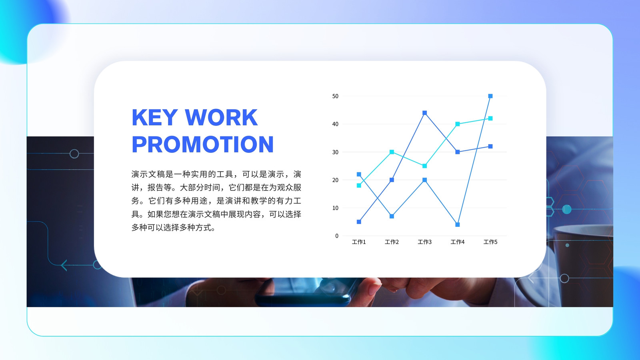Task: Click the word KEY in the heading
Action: click(154, 117)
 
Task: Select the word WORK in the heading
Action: click(221, 117)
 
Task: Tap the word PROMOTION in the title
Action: click(202, 144)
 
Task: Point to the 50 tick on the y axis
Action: click(335, 96)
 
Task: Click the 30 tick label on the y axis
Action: click(335, 152)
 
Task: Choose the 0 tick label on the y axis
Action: click(336, 236)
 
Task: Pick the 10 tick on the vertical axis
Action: click(335, 208)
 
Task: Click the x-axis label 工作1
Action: click(359, 242)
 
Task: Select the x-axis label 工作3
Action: click(424, 242)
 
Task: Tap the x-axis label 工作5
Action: click(490, 242)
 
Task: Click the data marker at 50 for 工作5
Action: click(490, 96)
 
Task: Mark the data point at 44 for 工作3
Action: click(424, 113)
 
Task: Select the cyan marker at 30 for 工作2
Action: click(392, 152)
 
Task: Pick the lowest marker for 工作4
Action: click(458, 224)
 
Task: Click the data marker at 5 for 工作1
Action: click(359, 222)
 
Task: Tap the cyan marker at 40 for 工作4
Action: click(458, 124)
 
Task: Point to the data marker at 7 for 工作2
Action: click(392, 216)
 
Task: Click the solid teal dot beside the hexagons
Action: click(567, 210)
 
